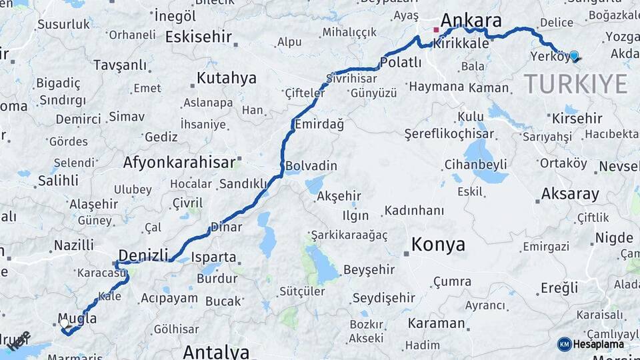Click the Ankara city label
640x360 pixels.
click(471, 19)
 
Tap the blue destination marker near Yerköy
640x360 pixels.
click(573, 56)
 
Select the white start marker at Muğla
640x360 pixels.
click(64, 323)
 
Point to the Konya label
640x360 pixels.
click(438, 245)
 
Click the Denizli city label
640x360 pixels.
click(142, 254)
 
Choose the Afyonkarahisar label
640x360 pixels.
click(179, 162)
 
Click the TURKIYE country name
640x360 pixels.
click(575, 85)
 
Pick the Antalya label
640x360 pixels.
click(216, 351)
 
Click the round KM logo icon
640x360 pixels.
click(564, 344)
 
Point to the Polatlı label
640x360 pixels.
click(401, 63)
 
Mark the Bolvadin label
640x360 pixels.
click(311, 166)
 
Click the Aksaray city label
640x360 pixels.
click(570, 194)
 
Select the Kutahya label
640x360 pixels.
click(226, 78)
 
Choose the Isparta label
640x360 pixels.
click(213, 257)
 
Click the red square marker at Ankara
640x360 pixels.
click(436, 30)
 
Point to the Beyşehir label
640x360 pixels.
click(369, 270)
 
